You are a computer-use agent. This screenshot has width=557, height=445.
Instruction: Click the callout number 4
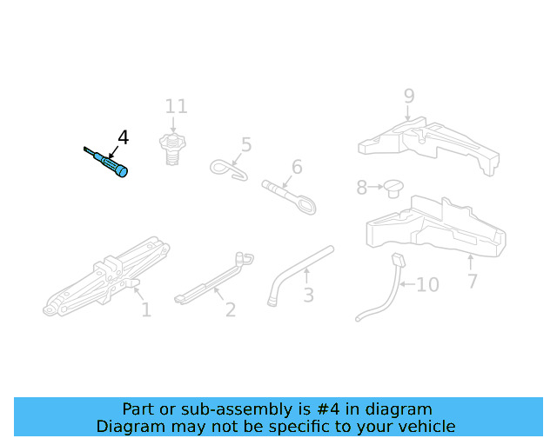(x=123, y=137)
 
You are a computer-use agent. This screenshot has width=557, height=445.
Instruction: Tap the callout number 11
(x=177, y=107)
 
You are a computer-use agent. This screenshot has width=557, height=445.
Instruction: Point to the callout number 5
(x=246, y=145)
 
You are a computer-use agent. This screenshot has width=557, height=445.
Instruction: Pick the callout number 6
(x=297, y=167)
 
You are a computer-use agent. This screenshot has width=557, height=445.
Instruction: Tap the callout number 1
(x=146, y=309)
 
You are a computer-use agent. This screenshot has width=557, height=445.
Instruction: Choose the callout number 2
(x=231, y=309)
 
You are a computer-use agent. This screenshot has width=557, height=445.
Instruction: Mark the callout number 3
(x=308, y=296)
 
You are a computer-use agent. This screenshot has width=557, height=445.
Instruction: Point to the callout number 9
(x=409, y=96)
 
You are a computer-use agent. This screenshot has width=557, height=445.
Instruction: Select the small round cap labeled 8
(x=396, y=187)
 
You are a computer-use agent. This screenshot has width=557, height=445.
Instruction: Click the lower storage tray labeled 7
(x=435, y=230)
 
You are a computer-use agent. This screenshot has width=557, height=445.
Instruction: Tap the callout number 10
(x=427, y=285)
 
